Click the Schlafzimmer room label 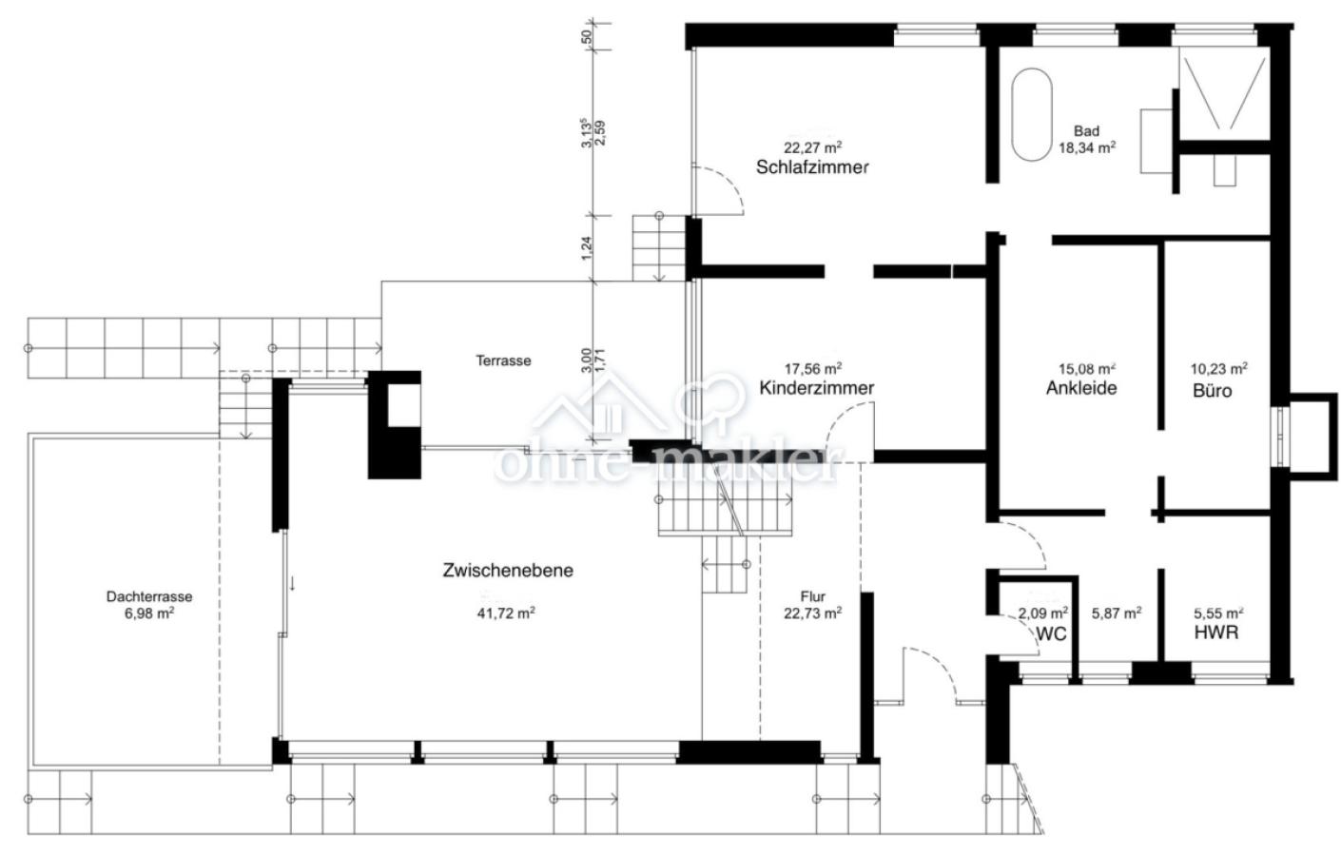(812, 167)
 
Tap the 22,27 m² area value (813, 146)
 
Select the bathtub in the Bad (1032, 114)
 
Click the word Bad (1086, 130)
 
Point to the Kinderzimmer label (817, 388)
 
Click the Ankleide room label (1081, 388)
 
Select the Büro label (1213, 391)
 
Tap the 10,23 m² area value (1219, 368)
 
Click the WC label (1051, 634)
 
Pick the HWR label (1216, 632)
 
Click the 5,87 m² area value (1117, 613)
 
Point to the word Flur (813, 596)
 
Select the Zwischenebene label (508, 571)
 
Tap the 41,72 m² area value (506, 613)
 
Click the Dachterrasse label (149, 596)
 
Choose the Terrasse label (503, 360)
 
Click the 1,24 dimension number (587, 248)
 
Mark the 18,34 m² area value (1086, 147)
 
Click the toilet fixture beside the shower (1224, 170)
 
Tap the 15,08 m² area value (1087, 368)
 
